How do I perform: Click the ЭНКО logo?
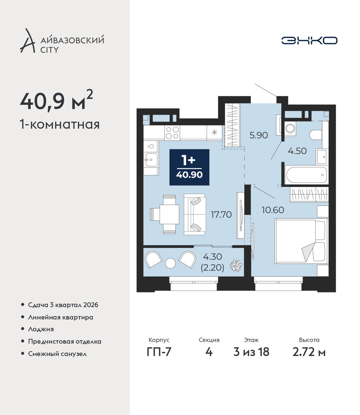309,40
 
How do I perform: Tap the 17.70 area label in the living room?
221,215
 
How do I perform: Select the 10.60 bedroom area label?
273,210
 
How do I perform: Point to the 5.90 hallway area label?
258,135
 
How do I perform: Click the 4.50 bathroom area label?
297,151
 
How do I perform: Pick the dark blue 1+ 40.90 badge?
189,167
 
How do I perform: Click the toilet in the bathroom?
316,135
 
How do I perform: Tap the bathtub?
306,175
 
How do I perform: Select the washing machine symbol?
290,128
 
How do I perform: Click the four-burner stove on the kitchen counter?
172,133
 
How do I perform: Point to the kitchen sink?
151,160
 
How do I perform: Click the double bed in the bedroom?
301,241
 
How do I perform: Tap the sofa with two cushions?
195,214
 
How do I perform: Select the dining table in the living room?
169,214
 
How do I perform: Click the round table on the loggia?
170,263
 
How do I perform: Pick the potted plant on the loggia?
236,266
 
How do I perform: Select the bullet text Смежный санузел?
57,354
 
